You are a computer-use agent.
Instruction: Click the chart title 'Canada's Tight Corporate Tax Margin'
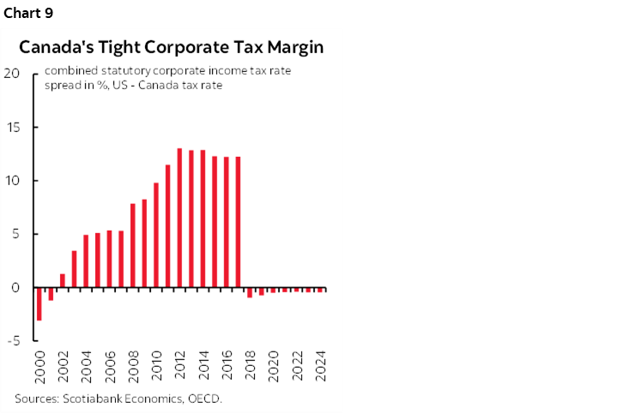[172, 48]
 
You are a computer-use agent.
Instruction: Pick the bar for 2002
[63, 280]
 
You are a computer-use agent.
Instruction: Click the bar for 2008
[133, 245]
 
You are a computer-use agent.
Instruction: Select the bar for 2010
[156, 235]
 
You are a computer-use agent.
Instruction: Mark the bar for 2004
[86, 261]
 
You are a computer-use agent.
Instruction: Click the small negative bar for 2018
[250, 292]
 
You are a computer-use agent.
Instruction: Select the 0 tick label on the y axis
[15, 288]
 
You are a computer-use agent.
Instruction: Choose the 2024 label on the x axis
[320, 364]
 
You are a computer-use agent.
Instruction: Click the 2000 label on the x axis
[39, 364]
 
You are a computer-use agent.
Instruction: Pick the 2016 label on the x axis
[227, 364]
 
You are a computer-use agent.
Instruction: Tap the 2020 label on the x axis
[274, 364]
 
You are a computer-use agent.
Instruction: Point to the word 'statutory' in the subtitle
[121, 71]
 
